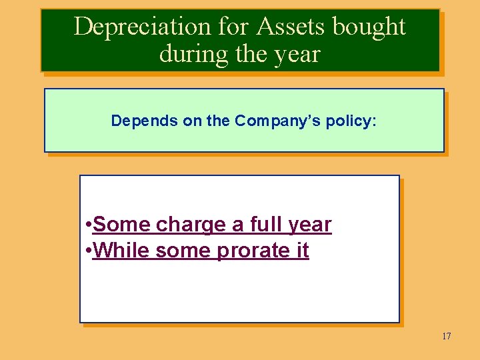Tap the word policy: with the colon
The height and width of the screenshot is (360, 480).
click(x=351, y=122)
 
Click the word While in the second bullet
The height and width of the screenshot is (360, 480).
click(x=120, y=251)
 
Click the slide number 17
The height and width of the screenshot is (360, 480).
click(x=446, y=336)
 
